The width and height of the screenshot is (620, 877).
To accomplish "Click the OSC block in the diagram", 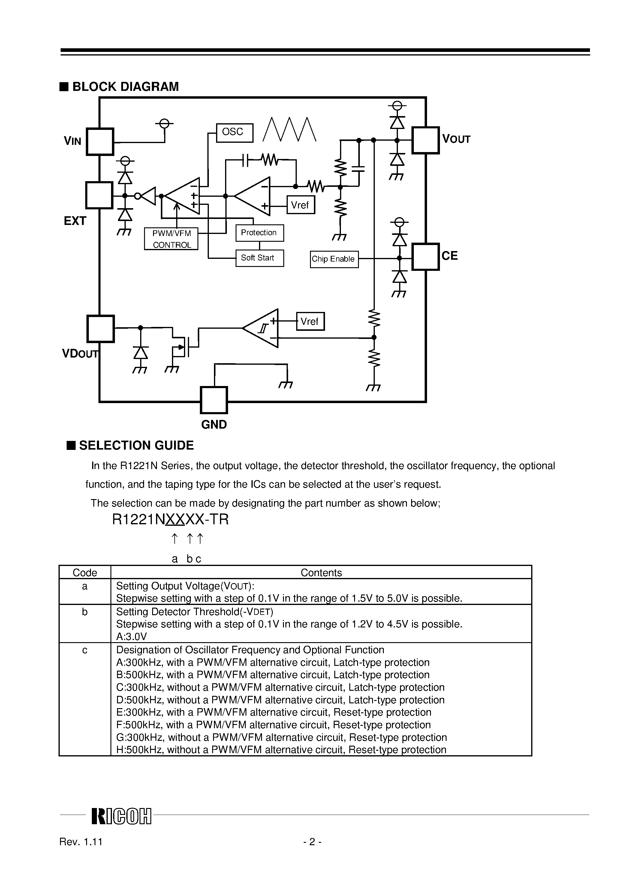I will [234, 133].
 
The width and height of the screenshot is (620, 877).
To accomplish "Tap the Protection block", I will [259, 233].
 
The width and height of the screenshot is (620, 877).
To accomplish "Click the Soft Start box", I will [259, 258].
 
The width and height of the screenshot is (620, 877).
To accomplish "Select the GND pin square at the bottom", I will [214, 400].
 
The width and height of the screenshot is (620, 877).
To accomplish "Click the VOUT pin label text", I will [456, 139].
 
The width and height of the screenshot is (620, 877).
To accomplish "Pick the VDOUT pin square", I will [100, 328].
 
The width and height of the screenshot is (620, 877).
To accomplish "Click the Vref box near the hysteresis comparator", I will [310, 321].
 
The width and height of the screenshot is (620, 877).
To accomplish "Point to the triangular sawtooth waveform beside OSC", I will [289, 130].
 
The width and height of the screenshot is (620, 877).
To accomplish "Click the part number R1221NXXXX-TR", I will [170, 519].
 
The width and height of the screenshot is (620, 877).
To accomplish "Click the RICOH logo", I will [121, 816].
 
